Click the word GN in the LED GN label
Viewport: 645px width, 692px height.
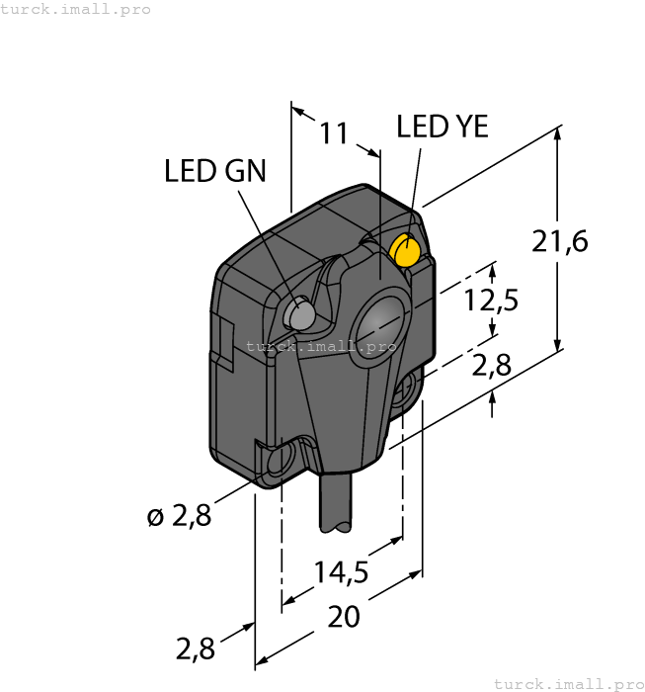245,172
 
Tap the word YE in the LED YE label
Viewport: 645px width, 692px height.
468,128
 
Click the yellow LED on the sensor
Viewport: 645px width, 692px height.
406,250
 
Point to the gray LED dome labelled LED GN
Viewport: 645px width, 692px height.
299,314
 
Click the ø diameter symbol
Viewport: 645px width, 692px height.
154,516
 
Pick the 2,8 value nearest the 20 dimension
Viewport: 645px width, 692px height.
195,649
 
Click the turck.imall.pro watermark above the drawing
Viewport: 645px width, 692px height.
76,9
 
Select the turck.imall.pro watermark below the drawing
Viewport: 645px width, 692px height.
568,683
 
